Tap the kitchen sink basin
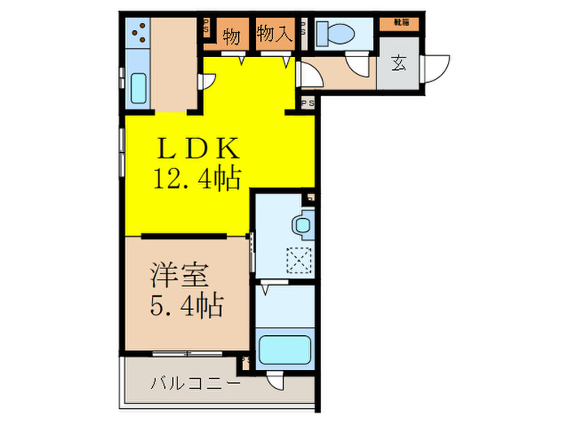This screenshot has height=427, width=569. click(x=137, y=86)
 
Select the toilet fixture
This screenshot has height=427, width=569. click(x=331, y=33)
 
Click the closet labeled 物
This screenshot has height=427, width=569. click(x=230, y=36)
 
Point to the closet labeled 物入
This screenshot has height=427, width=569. click(x=273, y=34)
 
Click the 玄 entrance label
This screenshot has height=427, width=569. click(x=399, y=63)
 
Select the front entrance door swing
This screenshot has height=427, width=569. click(x=437, y=67)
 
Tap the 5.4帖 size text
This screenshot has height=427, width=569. click(x=185, y=307)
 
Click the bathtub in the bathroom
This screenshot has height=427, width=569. click(x=284, y=351)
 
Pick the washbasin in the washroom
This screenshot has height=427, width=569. click(x=303, y=223)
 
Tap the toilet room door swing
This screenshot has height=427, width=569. click(x=356, y=67)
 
